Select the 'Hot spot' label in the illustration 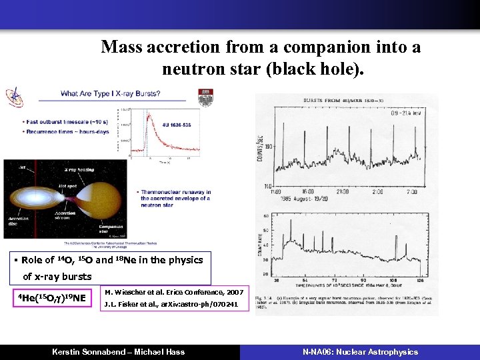pyautogui.click(x=66, y=186)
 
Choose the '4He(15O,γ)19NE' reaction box pyautogui.click(x=52, y=297)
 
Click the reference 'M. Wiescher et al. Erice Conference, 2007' pyautogui.click(x=175, y=292)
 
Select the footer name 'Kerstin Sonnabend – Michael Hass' pyautogui.click(x=119, y=351)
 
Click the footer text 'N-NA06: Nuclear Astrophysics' pyautogui.click(x=360, y=351)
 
